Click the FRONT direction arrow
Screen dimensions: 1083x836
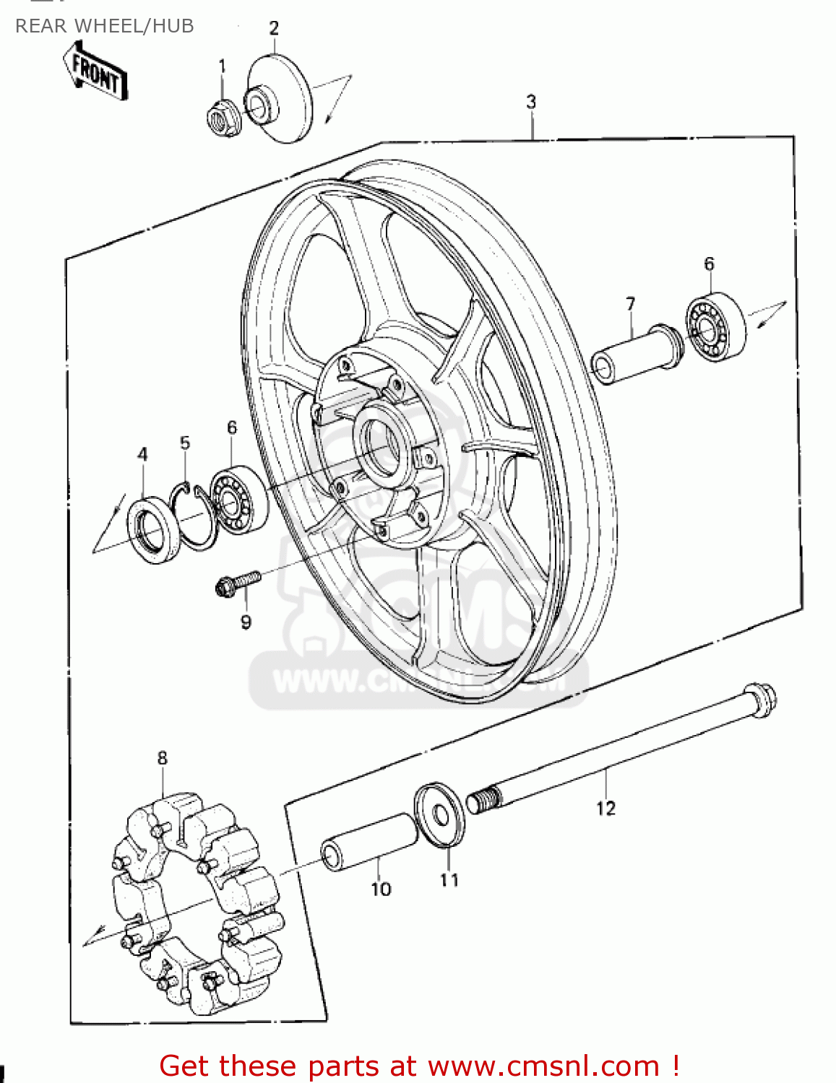tap(96, 71)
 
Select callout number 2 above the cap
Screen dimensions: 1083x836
tap(274, 28)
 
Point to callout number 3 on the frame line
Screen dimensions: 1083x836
tap(531, 102)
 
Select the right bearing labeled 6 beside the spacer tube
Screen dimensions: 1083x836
tap(715, 327)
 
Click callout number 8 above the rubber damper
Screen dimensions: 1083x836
tap(162, 758)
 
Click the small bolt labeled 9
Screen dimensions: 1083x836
tap(238, 583)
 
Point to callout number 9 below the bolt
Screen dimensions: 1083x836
tap(246, 622)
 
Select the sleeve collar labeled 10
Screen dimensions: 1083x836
tap(369, 842)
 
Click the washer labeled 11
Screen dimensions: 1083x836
tap(439, 813)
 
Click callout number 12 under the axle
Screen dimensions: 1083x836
tap(606, 809)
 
